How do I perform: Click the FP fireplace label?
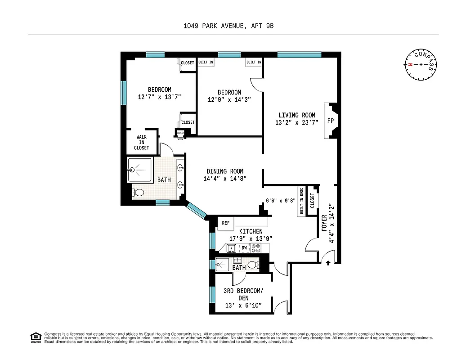(330, 121)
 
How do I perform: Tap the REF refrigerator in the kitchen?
(225, 223)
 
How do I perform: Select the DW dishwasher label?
(244, 248)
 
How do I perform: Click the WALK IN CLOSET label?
(141, 142)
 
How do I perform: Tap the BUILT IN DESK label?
(301, 201)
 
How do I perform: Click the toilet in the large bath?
(139, 193)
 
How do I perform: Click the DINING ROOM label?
(225, 171)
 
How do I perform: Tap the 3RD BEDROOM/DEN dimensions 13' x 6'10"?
(242, 306)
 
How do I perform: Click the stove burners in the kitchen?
(256, 248)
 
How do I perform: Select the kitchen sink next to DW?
(232, 248)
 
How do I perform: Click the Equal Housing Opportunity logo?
(35, 337)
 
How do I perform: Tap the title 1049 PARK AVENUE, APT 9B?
(228, 26)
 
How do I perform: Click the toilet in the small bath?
(253, 264)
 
